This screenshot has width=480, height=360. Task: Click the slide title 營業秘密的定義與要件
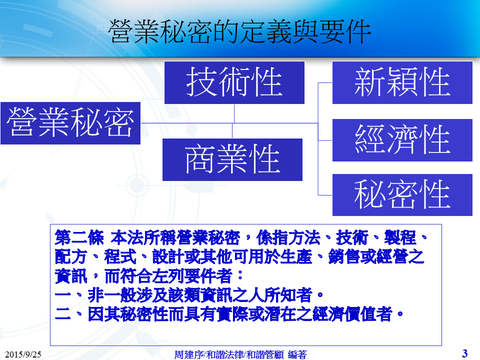pos(239,31)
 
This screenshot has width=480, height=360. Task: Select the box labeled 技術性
pos(234,82)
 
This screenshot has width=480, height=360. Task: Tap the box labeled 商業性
pos(232,159)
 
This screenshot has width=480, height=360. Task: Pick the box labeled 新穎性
pos(402,82)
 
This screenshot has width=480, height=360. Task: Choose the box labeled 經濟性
pos(402,140)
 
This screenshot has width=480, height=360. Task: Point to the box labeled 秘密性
pos(402,195)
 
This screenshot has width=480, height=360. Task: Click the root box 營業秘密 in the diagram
pos(70,123)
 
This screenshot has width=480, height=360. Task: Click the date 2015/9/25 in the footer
pos(23,354)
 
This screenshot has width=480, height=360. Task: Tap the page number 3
pos(464,353)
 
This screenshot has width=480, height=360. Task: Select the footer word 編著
pos(297,354)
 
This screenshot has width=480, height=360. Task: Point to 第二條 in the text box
pos(79,238)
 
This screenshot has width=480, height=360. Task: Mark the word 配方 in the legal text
pos(71,257)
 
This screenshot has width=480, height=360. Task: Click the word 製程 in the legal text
pos(400,238)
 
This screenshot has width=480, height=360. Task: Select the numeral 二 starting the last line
pos(63,314)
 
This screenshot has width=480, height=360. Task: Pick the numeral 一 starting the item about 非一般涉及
pos(63,295)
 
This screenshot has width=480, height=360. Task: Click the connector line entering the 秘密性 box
pos(325,195)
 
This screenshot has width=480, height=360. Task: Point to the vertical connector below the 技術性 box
pos(234,113)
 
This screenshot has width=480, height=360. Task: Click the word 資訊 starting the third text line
pos(71,276)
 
